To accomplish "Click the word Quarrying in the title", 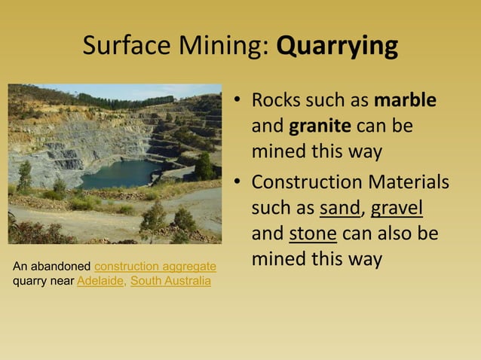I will tap(337, 47).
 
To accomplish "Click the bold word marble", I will tap(406, 100).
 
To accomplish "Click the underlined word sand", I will tap(339, 207).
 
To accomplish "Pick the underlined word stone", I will tap(313, 233).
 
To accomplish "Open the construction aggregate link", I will tap(155, 267).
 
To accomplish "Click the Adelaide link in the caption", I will tap(100, 282).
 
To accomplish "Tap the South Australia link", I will tap(171, 282).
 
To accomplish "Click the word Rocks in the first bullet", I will tap(273, 100).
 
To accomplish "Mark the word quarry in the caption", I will tap(29, 282).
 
